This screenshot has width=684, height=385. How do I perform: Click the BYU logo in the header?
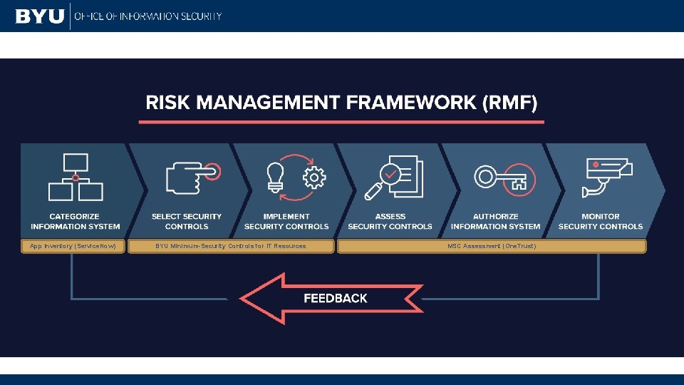click(39, 16)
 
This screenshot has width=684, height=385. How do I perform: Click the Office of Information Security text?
click(147, 16)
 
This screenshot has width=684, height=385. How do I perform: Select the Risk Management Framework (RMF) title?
click(341, 103)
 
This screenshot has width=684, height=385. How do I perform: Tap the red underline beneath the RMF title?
click(341, 122)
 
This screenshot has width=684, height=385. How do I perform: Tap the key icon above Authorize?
click(500, 178)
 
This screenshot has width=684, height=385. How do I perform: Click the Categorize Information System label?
click(75, 222)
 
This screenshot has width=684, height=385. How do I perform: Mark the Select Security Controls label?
click(187, 222)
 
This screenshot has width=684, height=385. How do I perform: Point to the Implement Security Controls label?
click(286, 222)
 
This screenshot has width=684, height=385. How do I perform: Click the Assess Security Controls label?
click(390, 222)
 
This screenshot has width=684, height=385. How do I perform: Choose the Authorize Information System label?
click(495, 222)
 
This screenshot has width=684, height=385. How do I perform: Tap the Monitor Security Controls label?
click(601, 222)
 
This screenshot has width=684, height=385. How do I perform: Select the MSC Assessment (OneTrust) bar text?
click(492, 246)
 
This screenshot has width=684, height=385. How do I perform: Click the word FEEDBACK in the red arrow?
click(336, 299)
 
